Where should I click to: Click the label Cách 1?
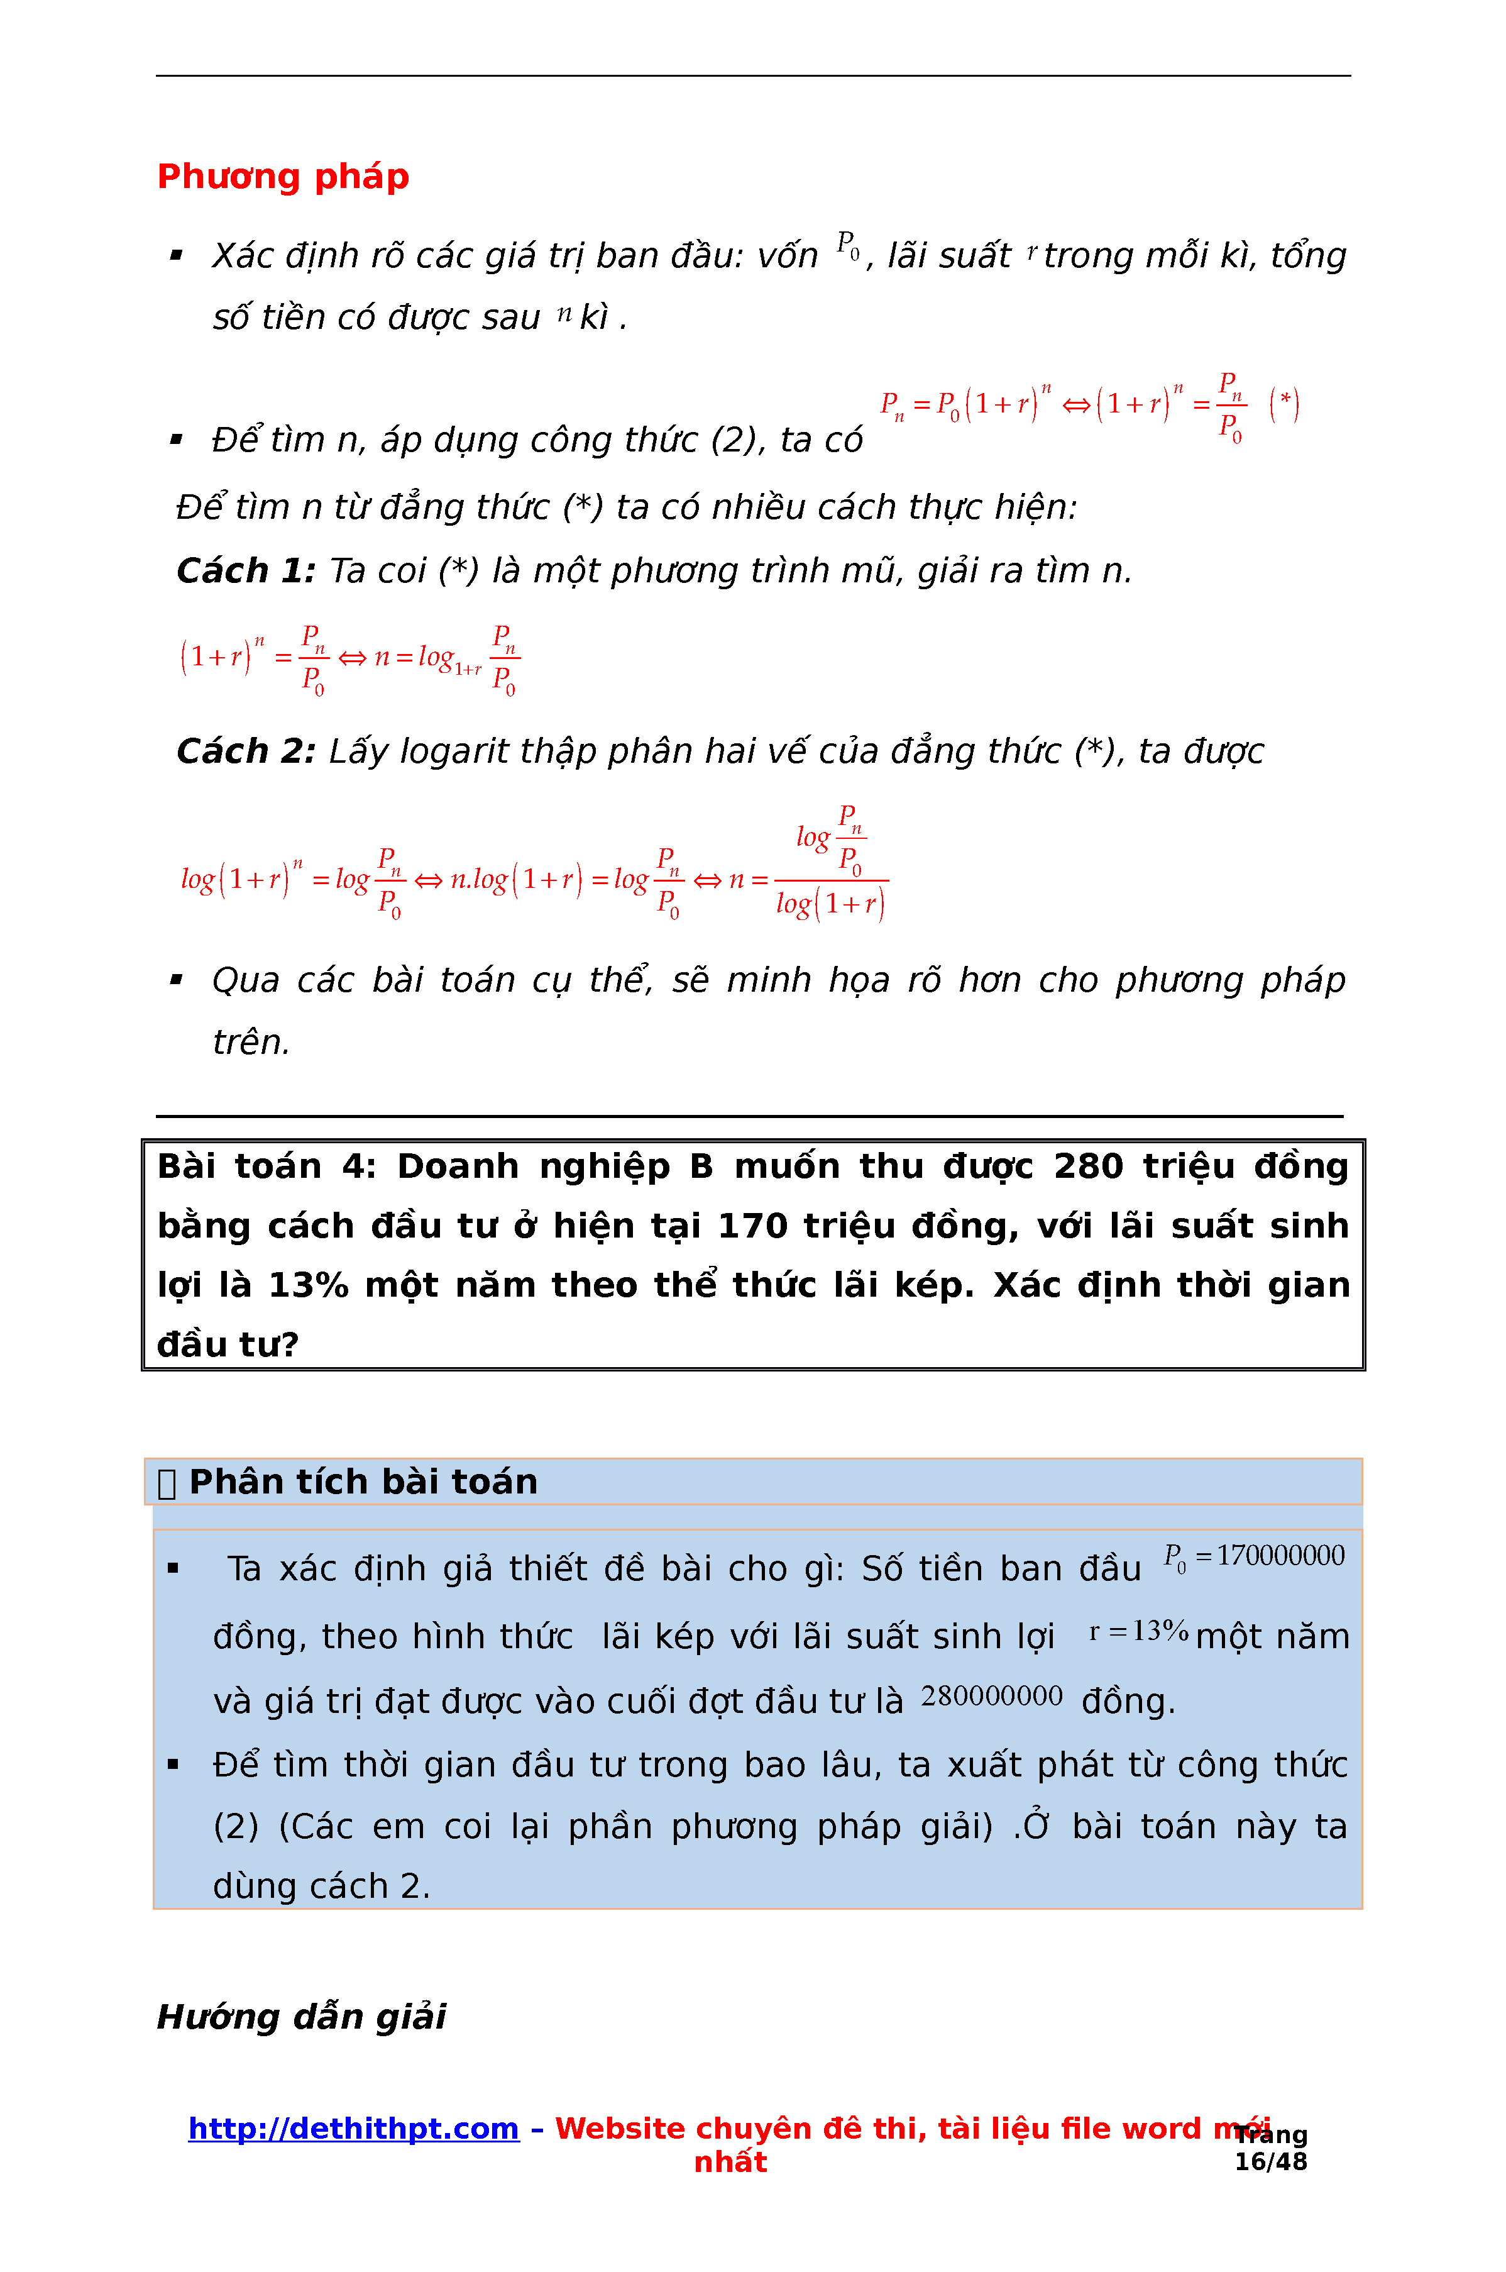(246, 570)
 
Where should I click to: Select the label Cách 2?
(246, 751)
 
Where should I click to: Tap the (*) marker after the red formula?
(1284, 404)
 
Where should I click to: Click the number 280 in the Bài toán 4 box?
(1088, 1166)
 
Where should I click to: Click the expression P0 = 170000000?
(1253, 1556)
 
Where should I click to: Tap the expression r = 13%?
(1138, 1631)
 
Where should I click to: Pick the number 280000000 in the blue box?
(991, 1697)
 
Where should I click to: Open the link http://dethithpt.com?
(353, 2129)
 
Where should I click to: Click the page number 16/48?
(1271, 2163)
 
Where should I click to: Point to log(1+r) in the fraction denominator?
(830, 904)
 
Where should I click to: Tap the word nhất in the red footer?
(730, 2163)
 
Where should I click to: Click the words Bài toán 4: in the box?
(266, 1166)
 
